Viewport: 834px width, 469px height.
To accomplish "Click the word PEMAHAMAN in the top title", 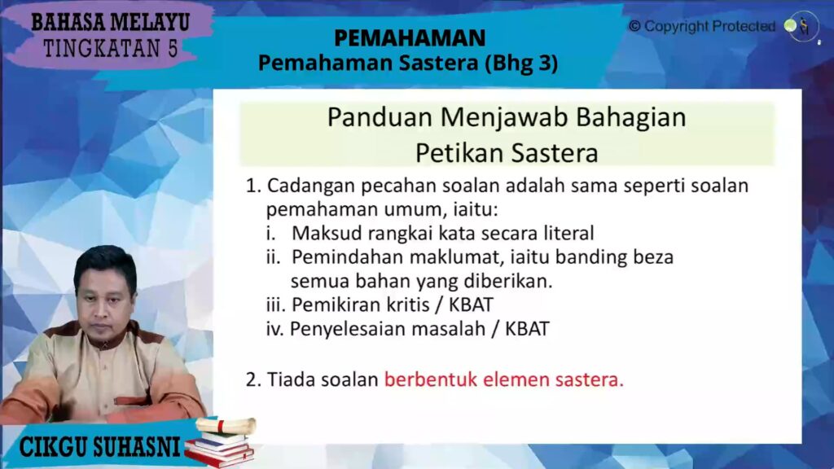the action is tap(410, 37).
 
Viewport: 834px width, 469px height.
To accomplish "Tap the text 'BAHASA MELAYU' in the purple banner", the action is tap(111, 23).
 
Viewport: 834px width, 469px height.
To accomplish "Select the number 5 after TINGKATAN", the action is tap(173, 49).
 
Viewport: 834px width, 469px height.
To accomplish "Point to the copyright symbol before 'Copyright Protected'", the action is tap(634, 26).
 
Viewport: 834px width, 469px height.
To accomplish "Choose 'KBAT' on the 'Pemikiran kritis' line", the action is tap(472, 305).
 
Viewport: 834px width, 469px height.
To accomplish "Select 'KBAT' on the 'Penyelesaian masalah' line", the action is tap(527, 329).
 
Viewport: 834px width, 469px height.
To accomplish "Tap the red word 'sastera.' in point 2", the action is tap(590, 380).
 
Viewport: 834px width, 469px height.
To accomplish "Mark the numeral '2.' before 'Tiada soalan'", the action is tap(254, 380).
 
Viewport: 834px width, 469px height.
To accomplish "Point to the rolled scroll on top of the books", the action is tap(226, 425).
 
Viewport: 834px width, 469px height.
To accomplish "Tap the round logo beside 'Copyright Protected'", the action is tap(801, 26).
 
